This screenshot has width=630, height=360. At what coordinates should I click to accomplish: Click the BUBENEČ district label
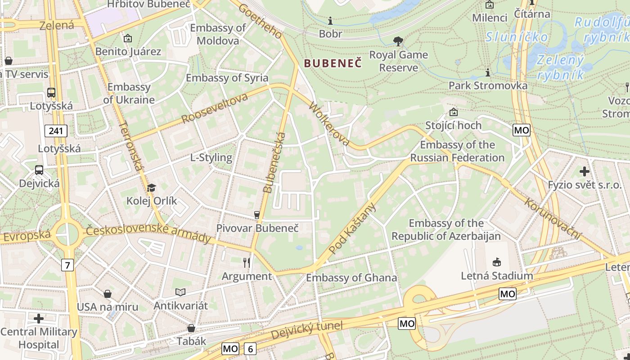coord(333,63)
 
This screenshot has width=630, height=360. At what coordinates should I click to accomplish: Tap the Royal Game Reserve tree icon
coord(398,42)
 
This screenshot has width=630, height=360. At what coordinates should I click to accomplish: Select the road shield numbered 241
coord(56,131)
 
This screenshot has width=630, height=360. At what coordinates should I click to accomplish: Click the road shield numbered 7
coord(67,265)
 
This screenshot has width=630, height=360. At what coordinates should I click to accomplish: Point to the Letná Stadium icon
coord(497,262)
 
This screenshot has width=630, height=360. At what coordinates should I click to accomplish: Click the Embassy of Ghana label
coord(351,278)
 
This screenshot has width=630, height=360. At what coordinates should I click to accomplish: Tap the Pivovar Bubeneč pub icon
coord(257,215)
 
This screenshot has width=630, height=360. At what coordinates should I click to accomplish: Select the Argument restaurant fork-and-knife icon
coord(247,262)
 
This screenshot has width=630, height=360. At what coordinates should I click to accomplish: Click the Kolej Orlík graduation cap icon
coord(151,188)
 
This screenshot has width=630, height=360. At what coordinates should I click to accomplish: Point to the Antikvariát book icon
coord(180,292)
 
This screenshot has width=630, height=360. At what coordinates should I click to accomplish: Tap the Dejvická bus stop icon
coord(39,170)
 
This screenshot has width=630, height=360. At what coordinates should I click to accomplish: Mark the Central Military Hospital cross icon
coord(39,319)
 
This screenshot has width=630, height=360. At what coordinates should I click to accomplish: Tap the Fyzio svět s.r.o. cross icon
coord(584,171)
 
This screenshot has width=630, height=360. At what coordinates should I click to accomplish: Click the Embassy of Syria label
coord(227,78)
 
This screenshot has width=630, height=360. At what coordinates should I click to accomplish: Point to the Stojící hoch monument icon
coord(453,112)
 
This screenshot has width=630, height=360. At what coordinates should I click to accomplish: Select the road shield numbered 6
coord(250,348)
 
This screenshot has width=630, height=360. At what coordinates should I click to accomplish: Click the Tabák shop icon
coord(191,328)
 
